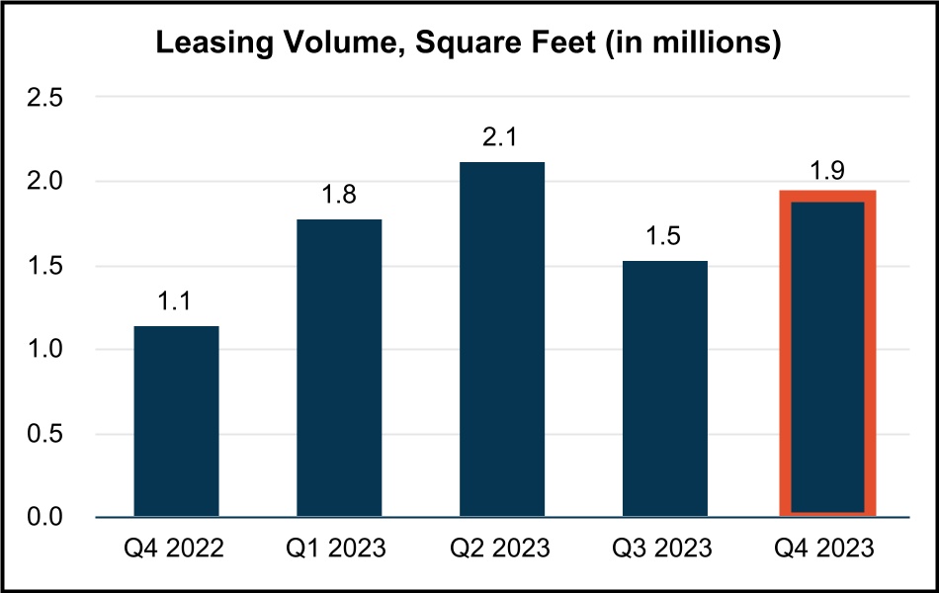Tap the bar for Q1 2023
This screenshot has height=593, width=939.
pos(339,368)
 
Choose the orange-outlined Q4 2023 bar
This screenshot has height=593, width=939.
pos(828,356)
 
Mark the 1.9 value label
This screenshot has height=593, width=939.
pos(828,169)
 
